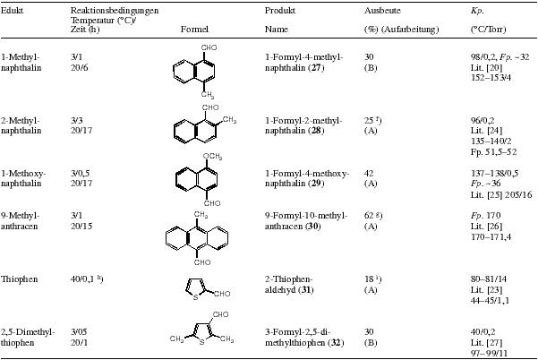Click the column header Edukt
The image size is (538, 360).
coord(12,10)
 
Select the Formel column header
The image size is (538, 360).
coord(194,30)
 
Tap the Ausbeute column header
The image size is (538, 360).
coord(382,10)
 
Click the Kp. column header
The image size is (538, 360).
coord(477,11)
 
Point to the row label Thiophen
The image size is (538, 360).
coord(19,279)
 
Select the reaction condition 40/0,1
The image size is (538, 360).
coord(85,279)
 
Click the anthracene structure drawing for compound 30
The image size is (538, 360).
coord(197,238)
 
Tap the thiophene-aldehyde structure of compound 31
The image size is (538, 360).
coord(208,289)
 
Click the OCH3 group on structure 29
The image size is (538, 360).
coord(212,157)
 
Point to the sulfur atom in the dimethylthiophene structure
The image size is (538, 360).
coord(201,342)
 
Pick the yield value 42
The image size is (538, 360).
coord(369,174)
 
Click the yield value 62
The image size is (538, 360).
coord(369,216)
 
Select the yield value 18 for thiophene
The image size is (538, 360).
coord(369,279)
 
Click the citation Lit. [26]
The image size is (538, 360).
coord(487,227)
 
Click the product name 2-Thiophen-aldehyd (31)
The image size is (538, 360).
coord(289,285)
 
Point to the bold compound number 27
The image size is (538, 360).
coord(316,67)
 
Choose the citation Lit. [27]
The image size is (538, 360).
coord(487,343)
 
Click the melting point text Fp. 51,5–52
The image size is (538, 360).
coord(494,151)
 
